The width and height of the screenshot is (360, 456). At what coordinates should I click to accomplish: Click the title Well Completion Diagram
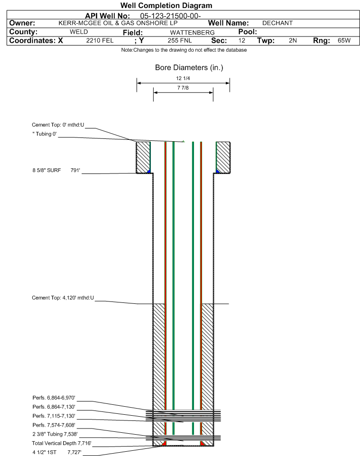click(x=166, y=6)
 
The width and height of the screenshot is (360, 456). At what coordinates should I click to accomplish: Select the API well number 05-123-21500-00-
click(x=170, y=16)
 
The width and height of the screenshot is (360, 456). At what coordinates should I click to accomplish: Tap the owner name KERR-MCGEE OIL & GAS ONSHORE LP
click(x=118, y=23)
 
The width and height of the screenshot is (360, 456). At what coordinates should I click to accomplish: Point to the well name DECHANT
click(x=277, y=23)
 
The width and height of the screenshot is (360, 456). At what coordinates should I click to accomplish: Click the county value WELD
click(x=79, y=32)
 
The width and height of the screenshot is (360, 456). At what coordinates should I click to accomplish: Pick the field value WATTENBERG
click(x=193, y=32)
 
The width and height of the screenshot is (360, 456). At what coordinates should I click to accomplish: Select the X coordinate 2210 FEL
click(x=100, y=40)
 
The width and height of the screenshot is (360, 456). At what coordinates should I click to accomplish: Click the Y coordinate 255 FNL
click(x=180, y=40)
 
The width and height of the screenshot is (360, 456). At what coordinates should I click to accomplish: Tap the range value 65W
click(x=344, y=40)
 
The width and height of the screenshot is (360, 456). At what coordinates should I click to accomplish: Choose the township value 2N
click(x=293, y=40)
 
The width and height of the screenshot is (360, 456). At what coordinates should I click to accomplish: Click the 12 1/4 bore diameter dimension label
click(x=183, y=78)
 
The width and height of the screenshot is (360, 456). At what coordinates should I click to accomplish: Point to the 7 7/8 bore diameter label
click(x=183, y=88)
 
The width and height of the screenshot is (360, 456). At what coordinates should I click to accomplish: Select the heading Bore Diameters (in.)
click(x=189, y=67)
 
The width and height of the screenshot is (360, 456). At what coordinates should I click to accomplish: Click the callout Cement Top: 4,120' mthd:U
click(x=63, y=298)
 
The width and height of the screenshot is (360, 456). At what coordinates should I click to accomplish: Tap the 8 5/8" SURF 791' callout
click(x=56, y=170)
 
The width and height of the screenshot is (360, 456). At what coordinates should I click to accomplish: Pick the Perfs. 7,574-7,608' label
click(x=54, y=425)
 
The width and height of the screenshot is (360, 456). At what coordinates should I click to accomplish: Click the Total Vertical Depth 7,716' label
click(x=62, y=443)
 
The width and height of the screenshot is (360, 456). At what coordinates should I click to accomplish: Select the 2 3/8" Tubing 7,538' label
click(x=55, y=434)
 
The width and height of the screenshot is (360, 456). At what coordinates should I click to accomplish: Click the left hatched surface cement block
click(x=143, y=157)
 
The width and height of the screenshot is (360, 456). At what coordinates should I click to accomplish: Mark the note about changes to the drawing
click(x=184, y=50)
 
